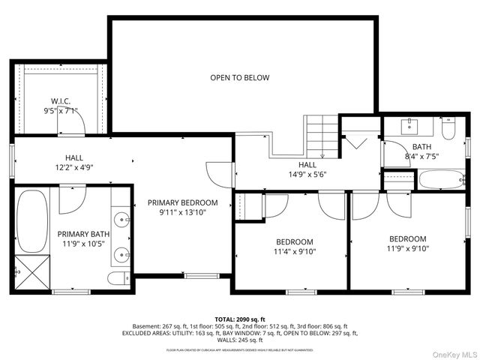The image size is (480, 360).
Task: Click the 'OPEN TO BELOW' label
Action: pos(239,77)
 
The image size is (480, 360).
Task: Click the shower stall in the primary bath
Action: pos(31,271)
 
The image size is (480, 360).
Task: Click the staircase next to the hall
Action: pos(320,135)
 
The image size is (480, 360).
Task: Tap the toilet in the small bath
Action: pos(449,130)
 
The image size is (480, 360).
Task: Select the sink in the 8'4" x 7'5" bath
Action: pos(410,124)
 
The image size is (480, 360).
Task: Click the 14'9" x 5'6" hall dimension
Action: pos(307,175)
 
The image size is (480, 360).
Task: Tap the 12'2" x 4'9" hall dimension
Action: pos(73,167)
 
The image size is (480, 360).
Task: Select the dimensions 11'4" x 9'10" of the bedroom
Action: pos(295,252)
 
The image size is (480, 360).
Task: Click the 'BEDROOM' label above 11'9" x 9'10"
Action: pos(407,238)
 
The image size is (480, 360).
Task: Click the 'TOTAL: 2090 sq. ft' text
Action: pos(239,319)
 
